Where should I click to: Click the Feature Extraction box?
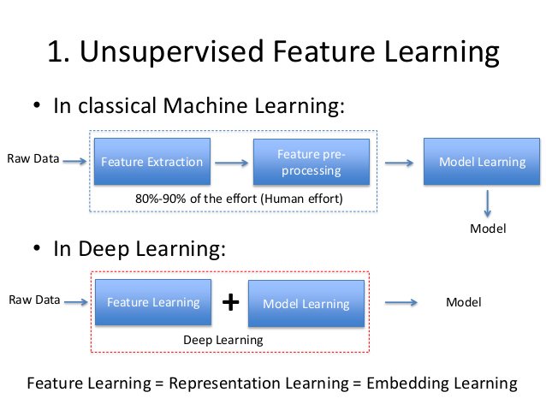(151, 161)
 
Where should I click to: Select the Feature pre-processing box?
(310, 161)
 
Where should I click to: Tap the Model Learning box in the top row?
(482, 161)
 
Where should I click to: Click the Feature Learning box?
(152, 301)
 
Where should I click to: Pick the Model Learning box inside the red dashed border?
(306, 304)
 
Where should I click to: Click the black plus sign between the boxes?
(229, 302)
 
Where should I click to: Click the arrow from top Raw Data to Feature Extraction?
(74, 160)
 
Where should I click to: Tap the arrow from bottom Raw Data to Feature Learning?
(74, 301)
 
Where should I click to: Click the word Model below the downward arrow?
(489, 229)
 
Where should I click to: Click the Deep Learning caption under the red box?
(223, 340)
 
